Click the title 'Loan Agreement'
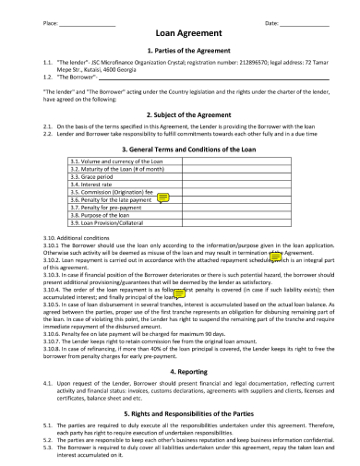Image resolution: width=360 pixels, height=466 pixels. pos(180,31)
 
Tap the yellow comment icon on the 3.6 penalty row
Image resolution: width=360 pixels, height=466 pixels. pos(163,197)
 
